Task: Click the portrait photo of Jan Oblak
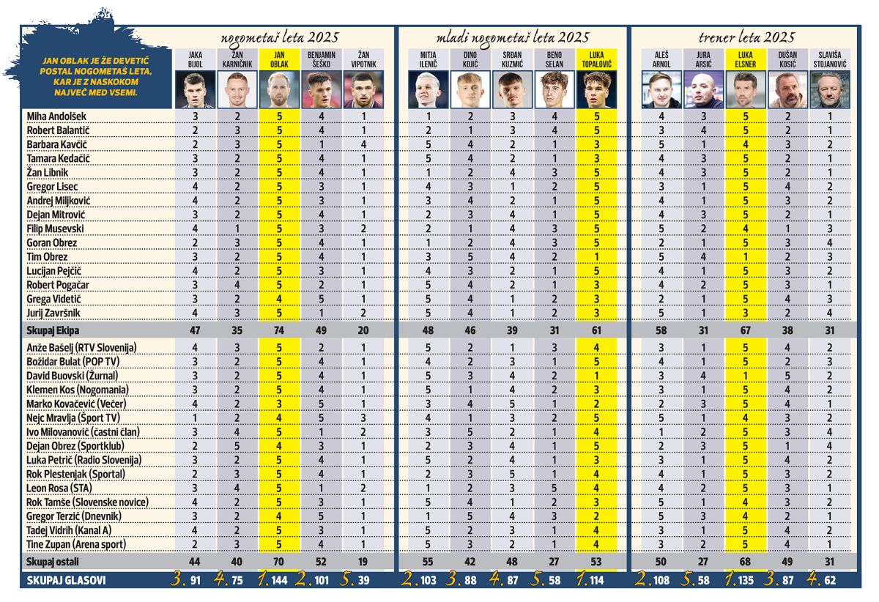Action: [279, 89]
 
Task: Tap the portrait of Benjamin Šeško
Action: [322, 89]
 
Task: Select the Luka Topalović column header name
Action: [598, 59]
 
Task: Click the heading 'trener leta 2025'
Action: [746, 37]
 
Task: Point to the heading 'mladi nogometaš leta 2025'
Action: [512, 37]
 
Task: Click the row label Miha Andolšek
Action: [57, 116]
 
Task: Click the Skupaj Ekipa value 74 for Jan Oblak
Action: [279, 330]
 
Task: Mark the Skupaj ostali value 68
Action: [746, 562]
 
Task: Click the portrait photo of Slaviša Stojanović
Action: [831, 89]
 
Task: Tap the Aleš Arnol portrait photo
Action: [661, 89]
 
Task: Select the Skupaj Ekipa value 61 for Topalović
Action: [598, 330]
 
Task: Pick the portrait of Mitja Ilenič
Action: [429, 89]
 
